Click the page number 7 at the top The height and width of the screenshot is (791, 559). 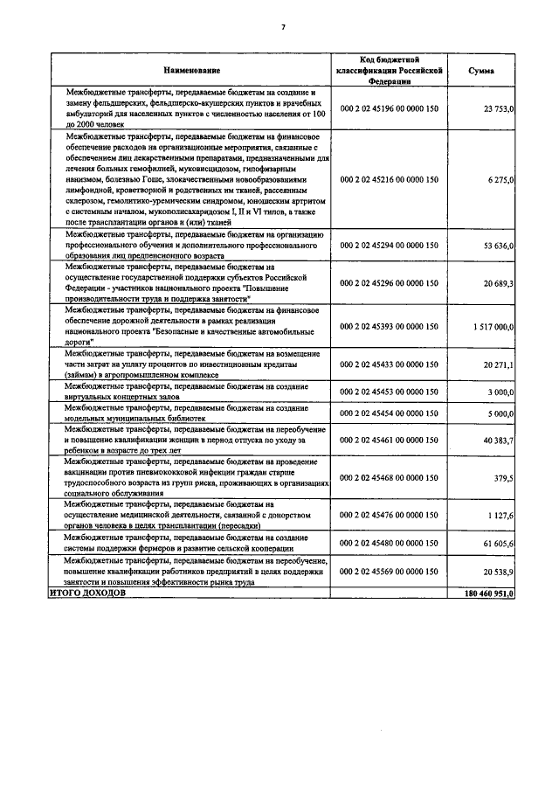tap(282, 27)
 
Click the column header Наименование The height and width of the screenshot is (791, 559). tap(190, 69)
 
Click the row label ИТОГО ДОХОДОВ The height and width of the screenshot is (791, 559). tap(87, 593)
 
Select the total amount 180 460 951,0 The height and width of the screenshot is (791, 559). tap(486, 593)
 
